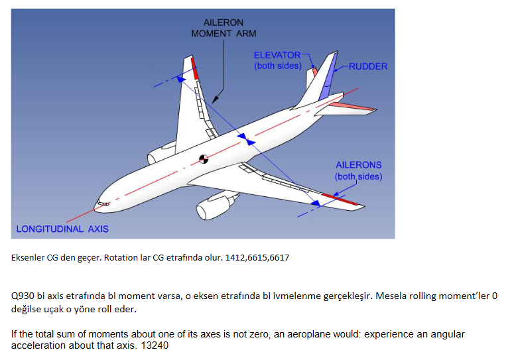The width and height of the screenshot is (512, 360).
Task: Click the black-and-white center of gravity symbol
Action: (x=204, y=159)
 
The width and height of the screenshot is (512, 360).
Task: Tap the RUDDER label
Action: (x=368, y=66)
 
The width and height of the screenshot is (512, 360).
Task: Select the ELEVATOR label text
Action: (x=277, y=55)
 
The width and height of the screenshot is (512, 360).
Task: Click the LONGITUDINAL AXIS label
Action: (x=62, y=229)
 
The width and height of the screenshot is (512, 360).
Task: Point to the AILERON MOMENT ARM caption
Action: (x=224, y=28)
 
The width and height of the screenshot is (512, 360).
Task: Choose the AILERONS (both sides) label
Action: (x=359, y=170)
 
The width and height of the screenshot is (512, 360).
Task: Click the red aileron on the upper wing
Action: (x=194, y=68)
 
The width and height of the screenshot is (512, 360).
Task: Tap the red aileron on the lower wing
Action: (x=340, y=199)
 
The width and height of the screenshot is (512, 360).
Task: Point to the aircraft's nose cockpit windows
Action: (x=103, y=204)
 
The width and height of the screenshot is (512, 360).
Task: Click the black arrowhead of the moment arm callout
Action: (x=216, y=99)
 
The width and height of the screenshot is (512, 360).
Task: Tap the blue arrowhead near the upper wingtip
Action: (x=180, y=79)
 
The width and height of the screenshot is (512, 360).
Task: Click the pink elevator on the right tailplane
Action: (x=352, y=106)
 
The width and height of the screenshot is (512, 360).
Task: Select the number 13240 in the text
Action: (x=155, y=345)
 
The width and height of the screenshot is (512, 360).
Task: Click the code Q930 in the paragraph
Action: (x=23, y=296)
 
